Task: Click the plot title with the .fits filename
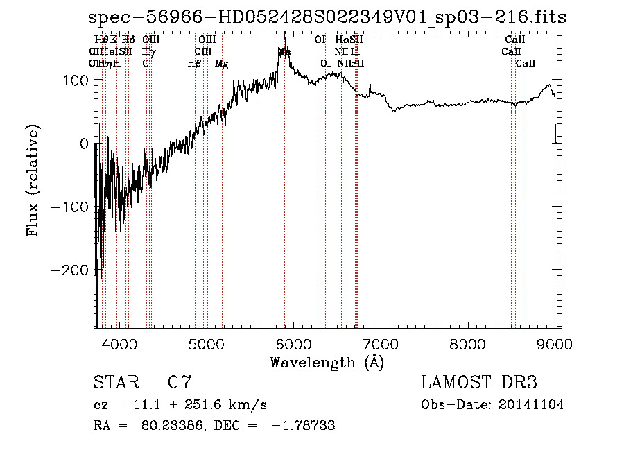(327, 18)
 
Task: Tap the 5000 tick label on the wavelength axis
(207, 343)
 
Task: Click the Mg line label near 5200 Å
(222, 64)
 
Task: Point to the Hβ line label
(194, 64)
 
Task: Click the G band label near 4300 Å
(146, 64)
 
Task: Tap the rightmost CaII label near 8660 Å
(526, 64)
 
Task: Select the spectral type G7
(179, 382)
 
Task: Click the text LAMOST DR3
(478, 382)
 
